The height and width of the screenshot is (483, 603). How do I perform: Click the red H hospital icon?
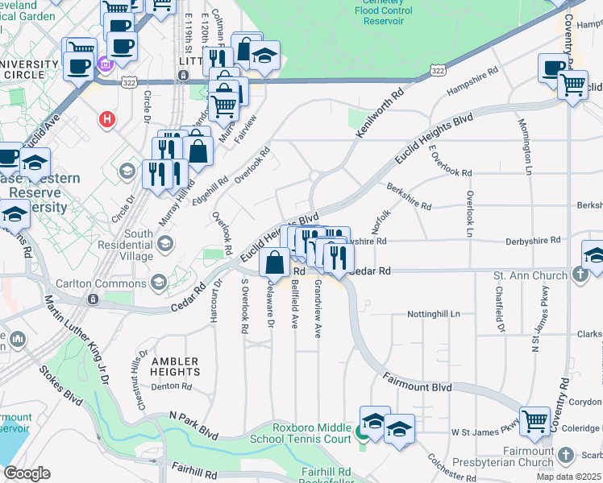pos(105,121)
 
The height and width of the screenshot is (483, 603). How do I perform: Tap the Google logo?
pos(27,473)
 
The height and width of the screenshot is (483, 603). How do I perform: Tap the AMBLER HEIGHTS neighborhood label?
pos(175,366)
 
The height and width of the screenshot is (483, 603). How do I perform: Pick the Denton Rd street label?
pos(171,386)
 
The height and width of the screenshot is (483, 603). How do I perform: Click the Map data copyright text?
pos(568,477)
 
